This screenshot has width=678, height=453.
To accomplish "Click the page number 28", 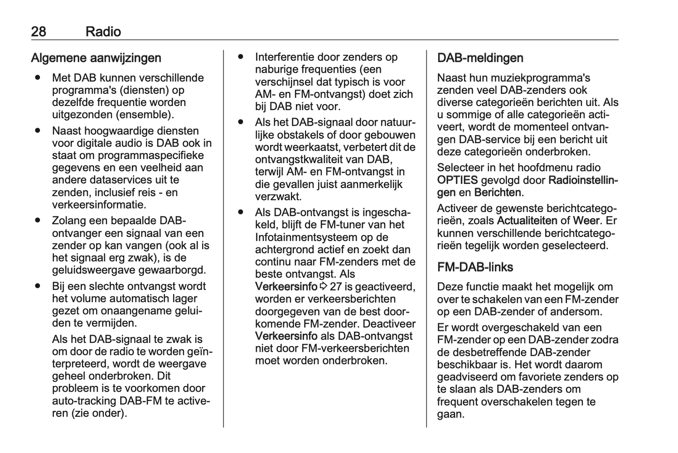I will point(38,31).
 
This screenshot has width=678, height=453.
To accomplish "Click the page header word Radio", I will point(103,31).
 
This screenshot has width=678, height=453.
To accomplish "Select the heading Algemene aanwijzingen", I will point(96,58).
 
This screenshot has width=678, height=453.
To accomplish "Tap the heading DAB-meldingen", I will point(480,58).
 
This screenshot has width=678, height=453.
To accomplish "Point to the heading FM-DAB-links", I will point(475,267).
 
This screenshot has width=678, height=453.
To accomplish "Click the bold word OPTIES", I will point(457,180).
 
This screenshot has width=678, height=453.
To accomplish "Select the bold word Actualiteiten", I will point(527,220).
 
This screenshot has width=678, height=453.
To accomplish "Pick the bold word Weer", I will point(586,220).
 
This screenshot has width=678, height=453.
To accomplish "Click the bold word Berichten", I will point(497,192).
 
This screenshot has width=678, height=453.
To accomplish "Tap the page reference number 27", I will point(336,287).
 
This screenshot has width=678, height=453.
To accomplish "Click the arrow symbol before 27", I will point(324,287).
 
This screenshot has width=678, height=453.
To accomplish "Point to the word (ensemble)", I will point(146,114).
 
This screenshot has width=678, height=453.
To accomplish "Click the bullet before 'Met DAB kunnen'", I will point(38,78).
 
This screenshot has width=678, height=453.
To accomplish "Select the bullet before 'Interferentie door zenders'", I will point(241,57).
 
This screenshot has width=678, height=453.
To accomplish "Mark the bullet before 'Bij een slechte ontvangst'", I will point(38,286).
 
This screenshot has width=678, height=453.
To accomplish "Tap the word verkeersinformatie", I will point(99,204).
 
